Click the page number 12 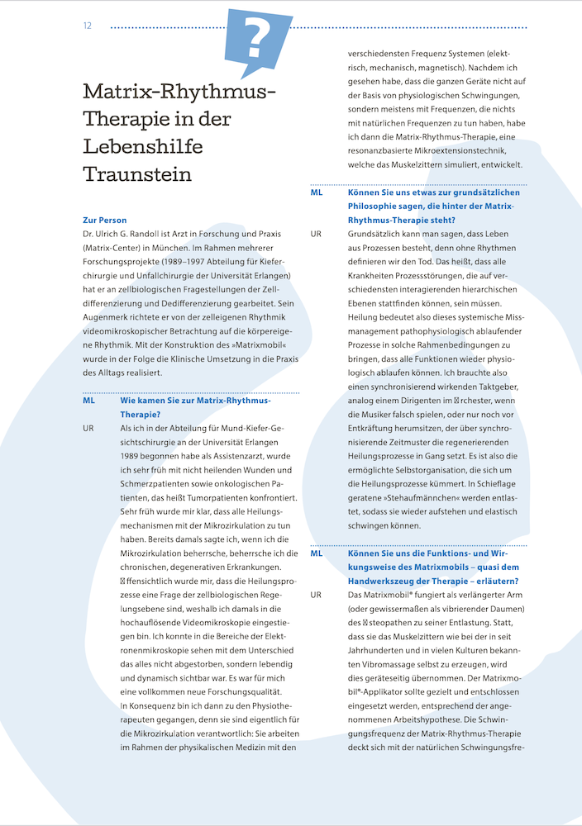coord(87,26)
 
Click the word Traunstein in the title coord(137,174)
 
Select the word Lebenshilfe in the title coord(143,147)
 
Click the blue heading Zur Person coord(105,220)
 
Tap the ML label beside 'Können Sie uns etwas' coord(317,192)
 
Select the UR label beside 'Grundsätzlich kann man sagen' coord(317,234)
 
